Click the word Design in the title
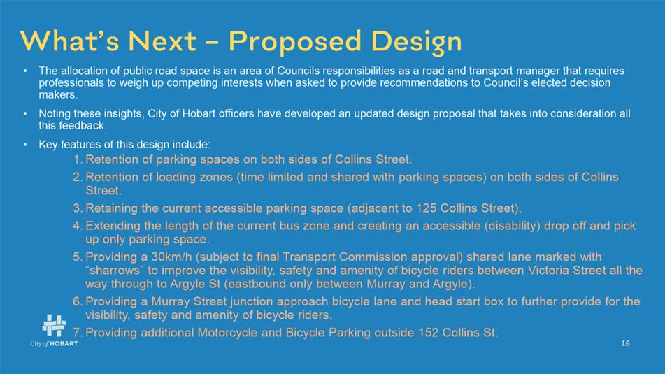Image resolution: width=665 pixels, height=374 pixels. coord(416,42)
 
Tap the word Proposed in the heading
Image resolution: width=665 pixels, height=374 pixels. coord(295,42)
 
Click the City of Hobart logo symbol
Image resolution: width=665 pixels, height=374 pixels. coord(55,326)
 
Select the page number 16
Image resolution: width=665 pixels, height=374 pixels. coord(626,343)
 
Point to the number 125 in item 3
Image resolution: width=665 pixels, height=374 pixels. coord(427,208)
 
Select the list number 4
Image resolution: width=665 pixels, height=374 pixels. coord(77,226)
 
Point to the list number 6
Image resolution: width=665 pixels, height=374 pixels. coord(77,301)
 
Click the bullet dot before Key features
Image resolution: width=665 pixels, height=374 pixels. coord(25,145)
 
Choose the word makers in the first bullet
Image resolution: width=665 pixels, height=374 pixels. coord(57,94)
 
